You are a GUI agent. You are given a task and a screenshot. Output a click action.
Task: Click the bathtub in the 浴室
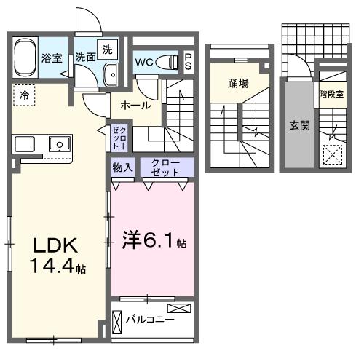click(x=23, y=58)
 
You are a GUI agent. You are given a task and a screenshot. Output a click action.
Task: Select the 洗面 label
click(x=86, y=57)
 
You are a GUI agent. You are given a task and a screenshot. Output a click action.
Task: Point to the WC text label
click(x=143, y=61)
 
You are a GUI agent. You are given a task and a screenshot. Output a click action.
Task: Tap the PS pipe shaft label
click(x=189, y=61)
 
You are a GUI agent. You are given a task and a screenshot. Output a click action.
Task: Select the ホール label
click(x=136, y=106)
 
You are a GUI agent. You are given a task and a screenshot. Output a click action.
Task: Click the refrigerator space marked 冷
click(x=24, y=95)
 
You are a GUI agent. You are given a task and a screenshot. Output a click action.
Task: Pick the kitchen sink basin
click(x=58, y=143)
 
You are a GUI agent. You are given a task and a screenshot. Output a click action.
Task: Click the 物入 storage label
click(x=122, y=167)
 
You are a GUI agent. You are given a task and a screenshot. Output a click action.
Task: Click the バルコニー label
click(x=150, y=319)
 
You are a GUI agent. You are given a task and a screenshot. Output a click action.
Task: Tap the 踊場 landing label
click(x=238, y=82)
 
